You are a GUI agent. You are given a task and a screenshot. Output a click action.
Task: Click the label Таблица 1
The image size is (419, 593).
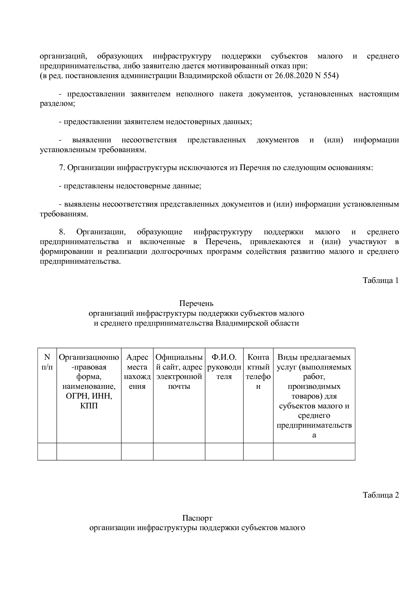pos(380,280)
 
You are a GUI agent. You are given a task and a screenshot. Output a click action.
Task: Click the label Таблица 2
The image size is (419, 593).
pos(380,495)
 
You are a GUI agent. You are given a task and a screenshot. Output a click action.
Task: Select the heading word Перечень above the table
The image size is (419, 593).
pos(196,303)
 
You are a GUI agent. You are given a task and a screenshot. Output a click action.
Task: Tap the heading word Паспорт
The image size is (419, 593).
pos(197,518)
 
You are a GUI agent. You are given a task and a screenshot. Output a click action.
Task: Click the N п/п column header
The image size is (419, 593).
pos(47,362)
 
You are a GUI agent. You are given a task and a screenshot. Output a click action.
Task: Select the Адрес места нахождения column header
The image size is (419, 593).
pos(137,372)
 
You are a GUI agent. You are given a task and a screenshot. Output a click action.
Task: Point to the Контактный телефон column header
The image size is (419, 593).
pos(258,372)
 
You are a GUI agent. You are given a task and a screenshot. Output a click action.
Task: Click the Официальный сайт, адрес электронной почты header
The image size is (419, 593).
pos(179,372)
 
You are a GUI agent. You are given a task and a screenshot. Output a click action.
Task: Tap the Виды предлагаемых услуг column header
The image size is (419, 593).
pos(314,396)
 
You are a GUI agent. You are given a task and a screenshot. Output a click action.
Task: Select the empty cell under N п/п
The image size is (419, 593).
pos(47,451)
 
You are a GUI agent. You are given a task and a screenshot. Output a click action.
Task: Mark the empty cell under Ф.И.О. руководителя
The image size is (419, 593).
pos(224,451)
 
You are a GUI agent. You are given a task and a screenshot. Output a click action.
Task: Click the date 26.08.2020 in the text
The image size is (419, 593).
pos(294,75)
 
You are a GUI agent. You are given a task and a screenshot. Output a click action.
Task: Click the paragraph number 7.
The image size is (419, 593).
pos(61,168)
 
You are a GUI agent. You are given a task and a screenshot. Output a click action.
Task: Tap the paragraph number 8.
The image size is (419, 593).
pos(62,232)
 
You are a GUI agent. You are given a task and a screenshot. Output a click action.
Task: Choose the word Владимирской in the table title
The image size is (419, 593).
pos(239,323)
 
